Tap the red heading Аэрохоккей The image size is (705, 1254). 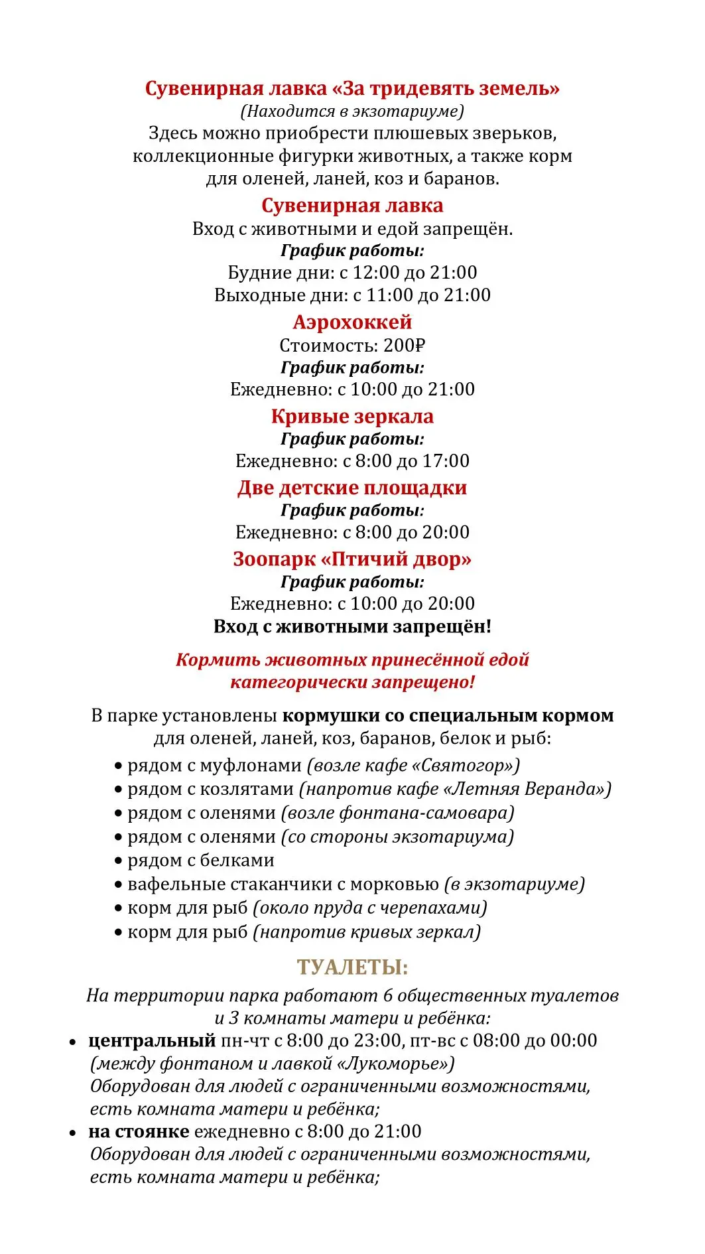(x=352, y=322)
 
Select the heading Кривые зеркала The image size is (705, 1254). (x=352, y=417)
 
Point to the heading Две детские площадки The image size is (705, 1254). (x=352, y=488)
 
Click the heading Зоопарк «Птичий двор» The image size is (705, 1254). (x=352, y=559)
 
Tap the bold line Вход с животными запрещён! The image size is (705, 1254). (x=352, y=626)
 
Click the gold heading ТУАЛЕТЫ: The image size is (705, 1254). (x=352, y=967)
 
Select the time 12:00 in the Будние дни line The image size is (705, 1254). (x=376, y=273)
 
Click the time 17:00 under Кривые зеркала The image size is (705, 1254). (x=446, y=461)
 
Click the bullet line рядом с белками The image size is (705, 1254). (x=200, y=861)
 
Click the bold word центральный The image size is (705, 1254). (x=152, y=1040)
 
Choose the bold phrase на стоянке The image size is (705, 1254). (x=139, y=1131)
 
